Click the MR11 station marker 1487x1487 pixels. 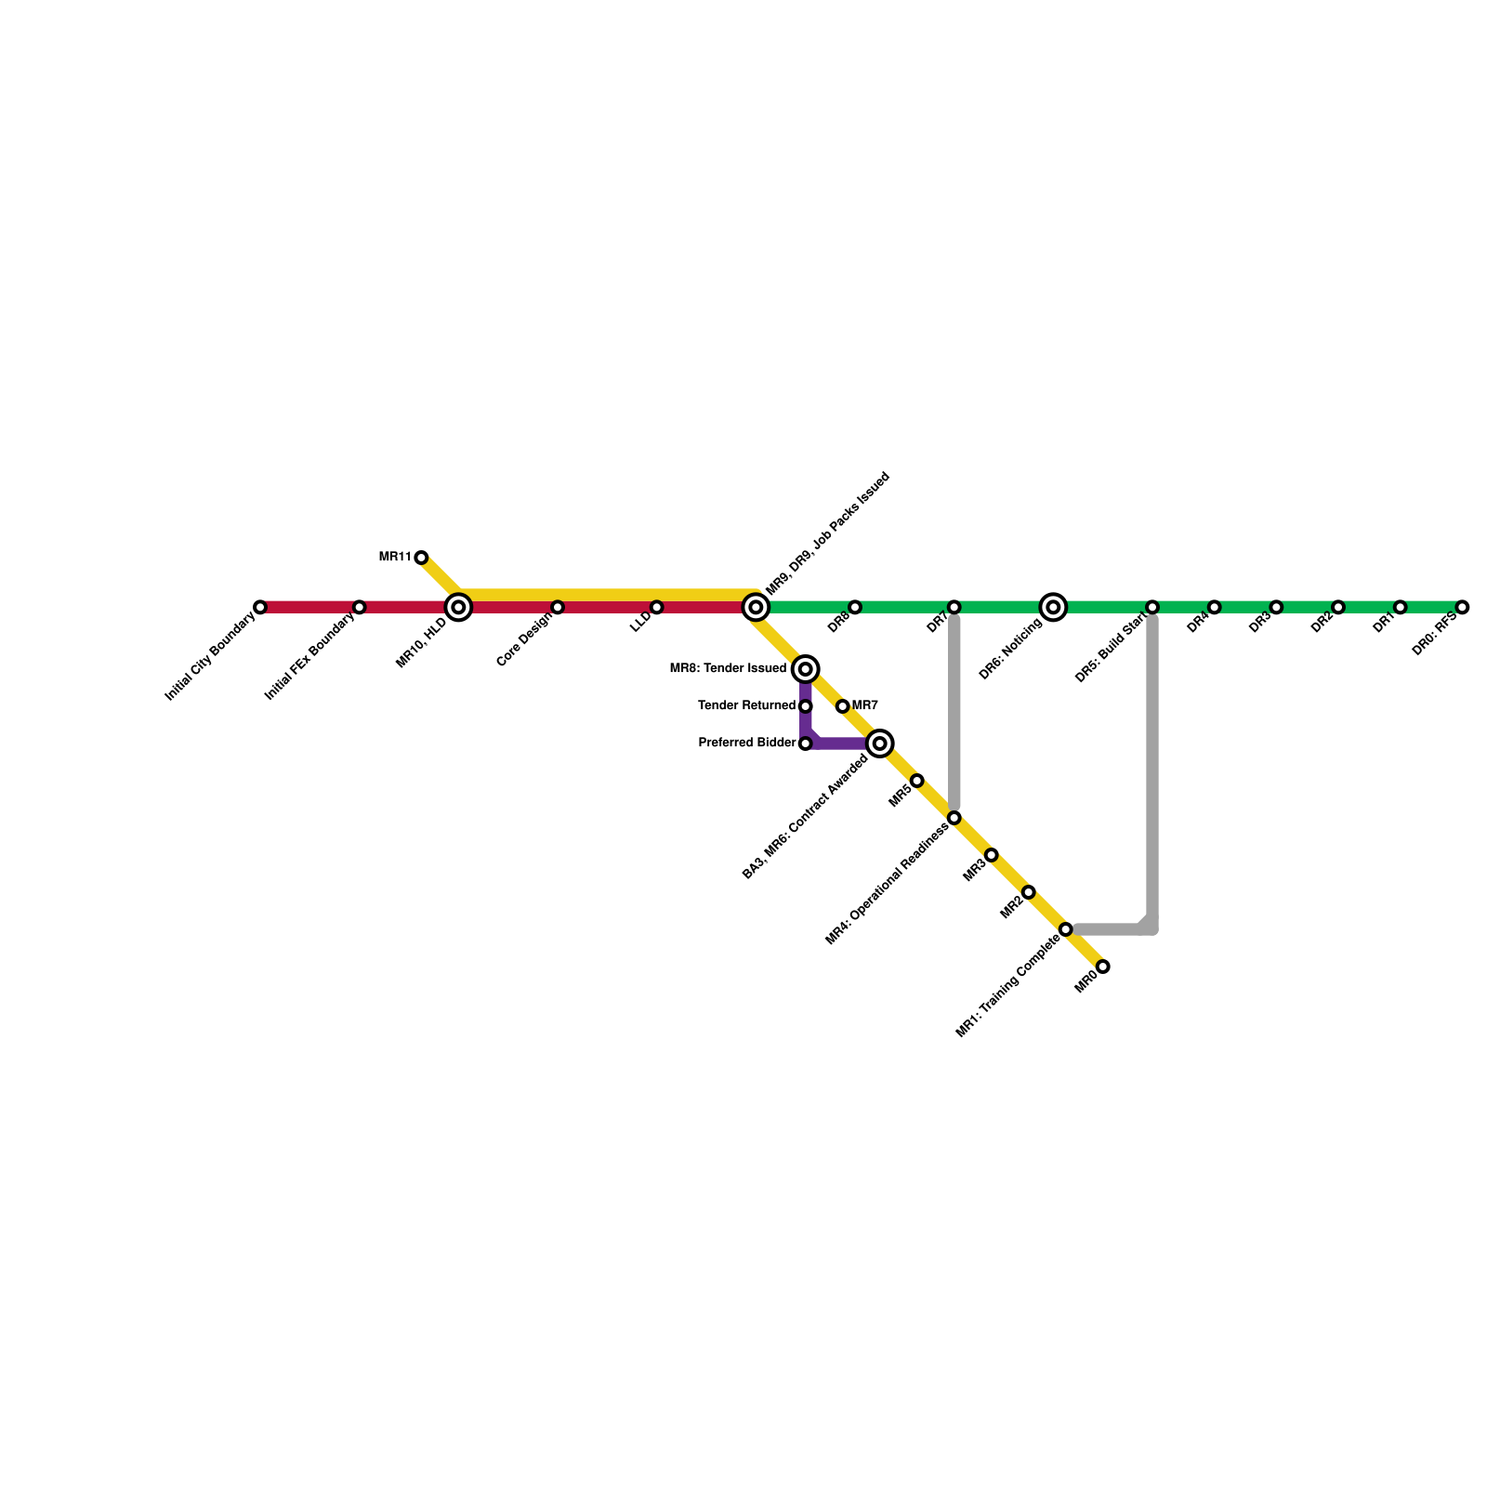coord(421,558)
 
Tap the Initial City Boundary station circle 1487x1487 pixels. coord(260,607)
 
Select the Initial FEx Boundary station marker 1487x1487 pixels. coord(360,607)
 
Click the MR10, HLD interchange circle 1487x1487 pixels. coord(458,607)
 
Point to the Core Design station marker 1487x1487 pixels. coord(558,607)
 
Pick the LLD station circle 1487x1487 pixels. coord(657,607)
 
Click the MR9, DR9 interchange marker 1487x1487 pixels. coord(756,607)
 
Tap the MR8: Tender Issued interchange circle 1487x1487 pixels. coord(806,669)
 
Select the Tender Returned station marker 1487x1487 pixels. coord(806,706)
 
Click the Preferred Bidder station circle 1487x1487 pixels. coord(806,743)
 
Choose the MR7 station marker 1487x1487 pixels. coord(842,706)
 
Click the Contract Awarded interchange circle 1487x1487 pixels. coord(880,743)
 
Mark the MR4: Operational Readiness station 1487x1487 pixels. coord(954,818)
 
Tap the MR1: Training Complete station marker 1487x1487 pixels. coord(1066,929)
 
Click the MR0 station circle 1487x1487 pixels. coord(1103,967)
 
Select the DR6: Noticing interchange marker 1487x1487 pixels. coord(1053,607)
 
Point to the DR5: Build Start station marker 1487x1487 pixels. coord(1152,607)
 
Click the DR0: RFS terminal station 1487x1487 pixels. coord(1462,607)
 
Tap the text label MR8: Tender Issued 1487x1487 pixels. coord(728,669)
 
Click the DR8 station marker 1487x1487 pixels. coord(855,607)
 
